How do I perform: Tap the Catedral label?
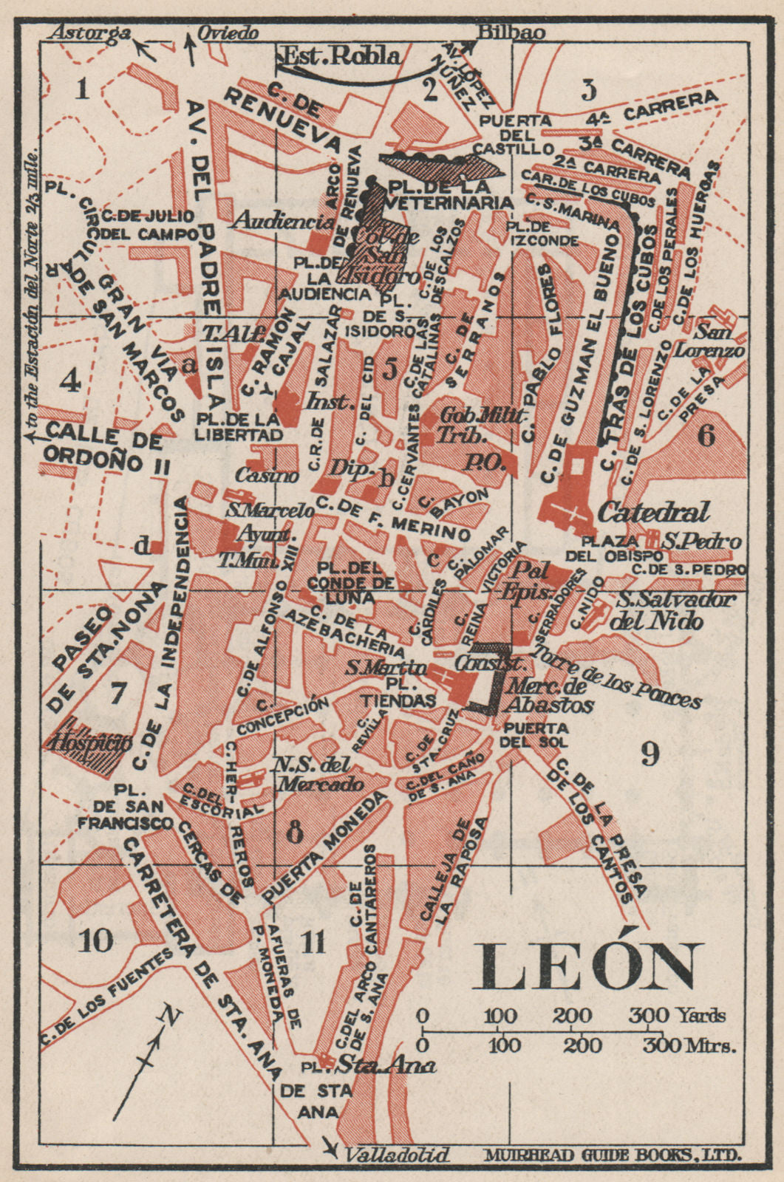click(x=653, y=511)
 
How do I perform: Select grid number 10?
click(x=97, y=940)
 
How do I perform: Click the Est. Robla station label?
click(x=342, y=56)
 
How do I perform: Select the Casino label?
click(x=267, y=475)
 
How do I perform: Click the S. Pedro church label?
click(x=701, y=542)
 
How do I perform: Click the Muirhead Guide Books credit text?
click(x=613, y=1155)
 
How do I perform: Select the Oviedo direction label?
click(x=228, y=33)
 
